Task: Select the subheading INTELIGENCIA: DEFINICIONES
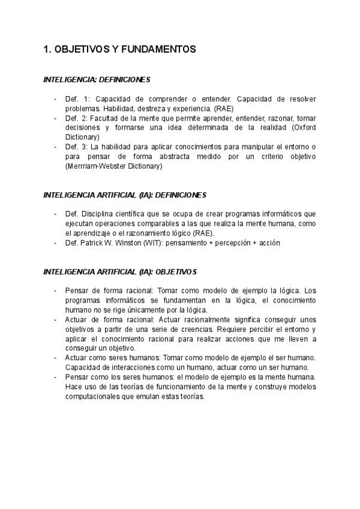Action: pyautogui.click(x=97, y=79)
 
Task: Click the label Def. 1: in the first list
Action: pyautogui.click(x=77, y=98)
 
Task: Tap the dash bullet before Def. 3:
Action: pyautogui.click(x=56, y=147)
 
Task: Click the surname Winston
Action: pyautogui.click(x=126, y=243)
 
